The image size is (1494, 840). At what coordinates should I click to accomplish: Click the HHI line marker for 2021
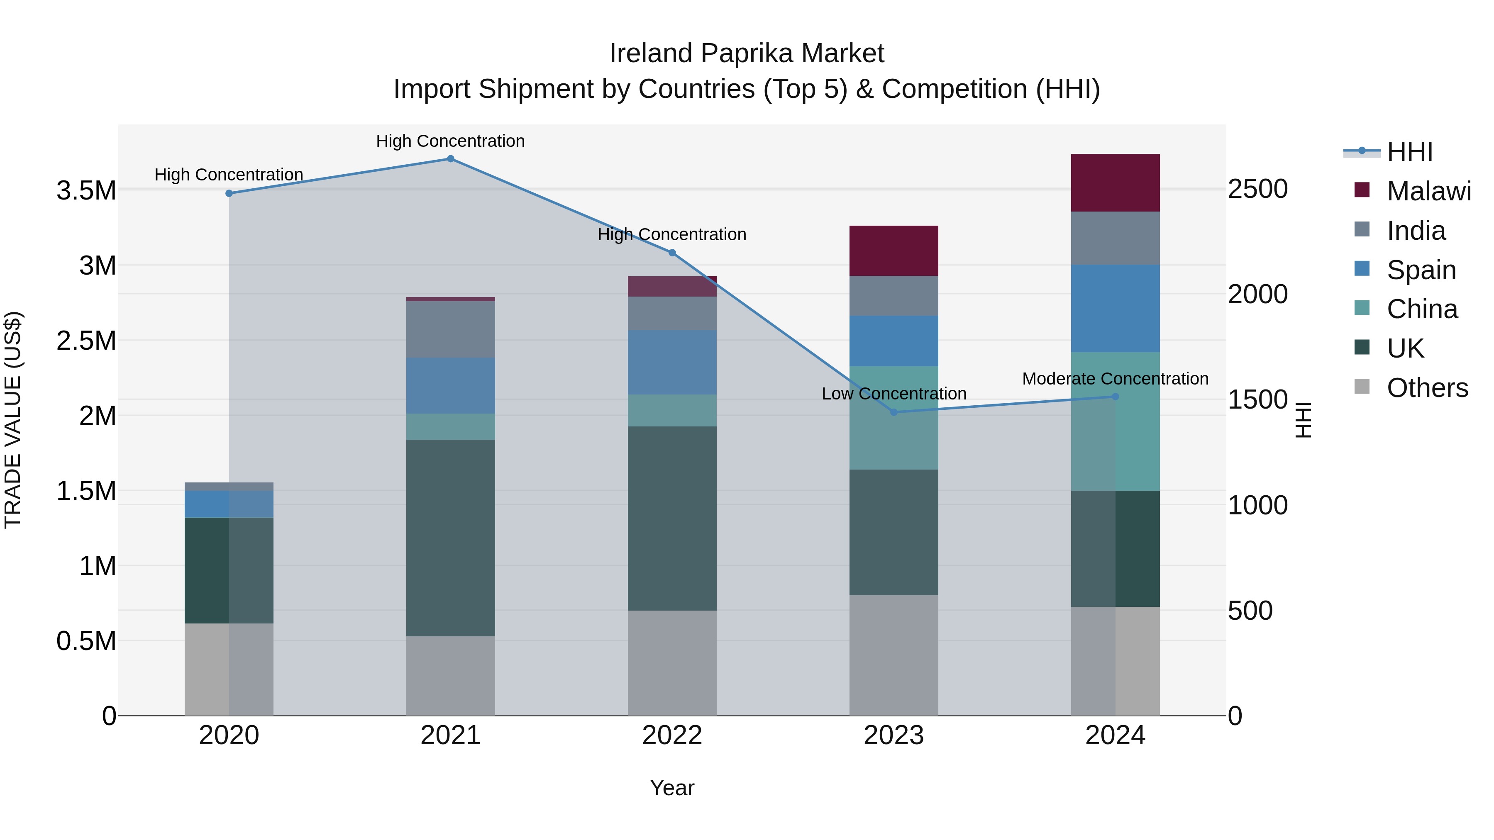coord(450,159)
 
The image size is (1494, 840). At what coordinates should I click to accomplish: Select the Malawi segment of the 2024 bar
coord(1115,183)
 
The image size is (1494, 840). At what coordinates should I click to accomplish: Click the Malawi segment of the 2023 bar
coord(893,251)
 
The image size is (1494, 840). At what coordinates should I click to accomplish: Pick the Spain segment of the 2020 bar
coord(229,504)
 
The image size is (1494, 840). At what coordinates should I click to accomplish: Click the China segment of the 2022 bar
coord(671,410)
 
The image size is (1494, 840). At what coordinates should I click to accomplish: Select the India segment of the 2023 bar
coord(893,296)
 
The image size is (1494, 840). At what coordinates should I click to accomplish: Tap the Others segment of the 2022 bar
coord(671,662)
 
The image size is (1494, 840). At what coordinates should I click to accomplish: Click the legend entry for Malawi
coord(1428,191)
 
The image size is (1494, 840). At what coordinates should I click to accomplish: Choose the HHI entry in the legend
coord(1409,152)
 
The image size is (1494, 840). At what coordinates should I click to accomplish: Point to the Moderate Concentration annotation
coord(1115,379)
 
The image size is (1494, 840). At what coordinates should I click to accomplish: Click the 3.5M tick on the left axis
coord(86,191)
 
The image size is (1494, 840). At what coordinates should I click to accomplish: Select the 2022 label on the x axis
coord(671,735)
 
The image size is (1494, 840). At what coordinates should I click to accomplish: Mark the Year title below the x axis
coord(671,788)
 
